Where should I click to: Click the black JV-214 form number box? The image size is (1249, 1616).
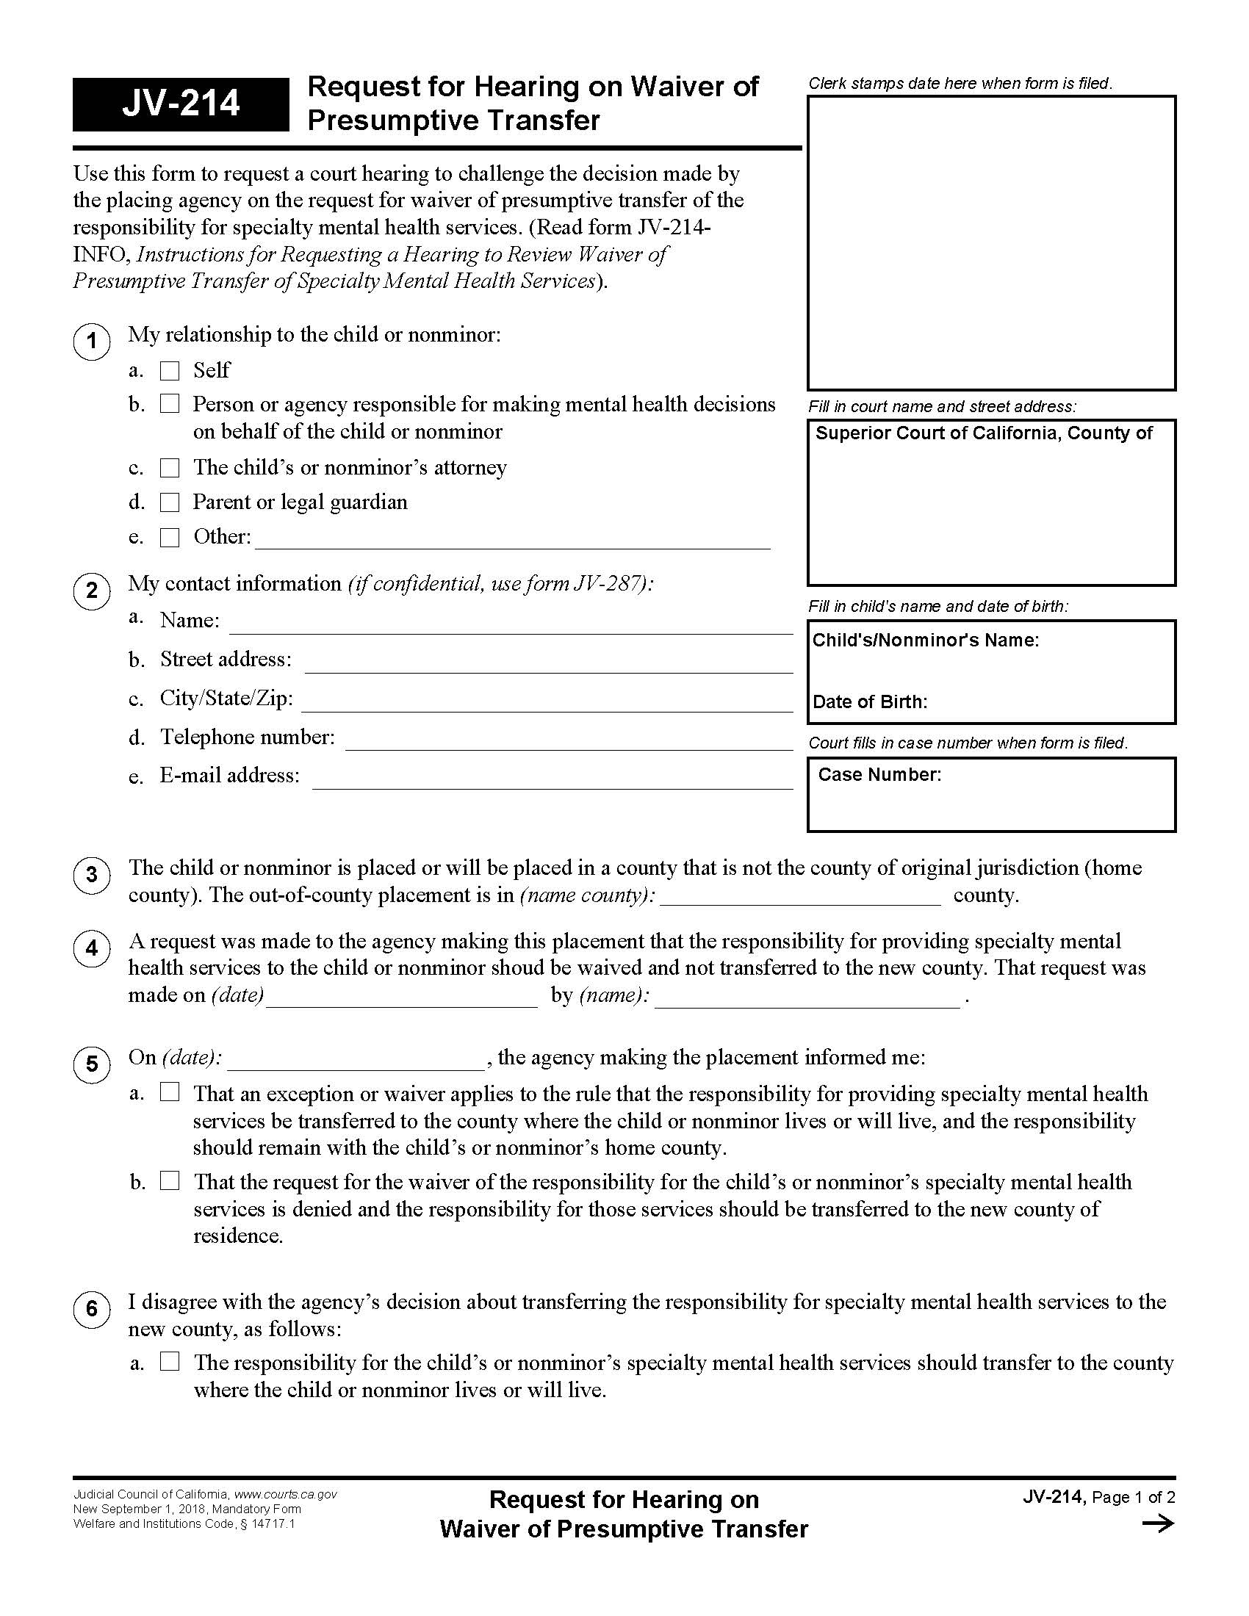(181, 104)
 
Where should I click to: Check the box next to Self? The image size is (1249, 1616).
(170, 371)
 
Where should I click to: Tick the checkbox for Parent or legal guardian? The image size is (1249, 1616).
(170, 503)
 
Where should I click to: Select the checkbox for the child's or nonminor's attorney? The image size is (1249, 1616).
(170, 469)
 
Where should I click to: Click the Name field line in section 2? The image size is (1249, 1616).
(511, 624)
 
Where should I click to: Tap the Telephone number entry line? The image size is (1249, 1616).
(568, 740)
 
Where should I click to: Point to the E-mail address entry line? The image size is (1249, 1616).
(552, 780)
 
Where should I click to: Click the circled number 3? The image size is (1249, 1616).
(92, 876)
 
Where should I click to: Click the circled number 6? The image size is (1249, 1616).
(92, 1310)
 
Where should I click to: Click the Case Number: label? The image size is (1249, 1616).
(879, 775)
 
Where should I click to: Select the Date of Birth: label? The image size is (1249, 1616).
(869, 701)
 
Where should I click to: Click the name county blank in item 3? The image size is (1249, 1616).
(801, 897)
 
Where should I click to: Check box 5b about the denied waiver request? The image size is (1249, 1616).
(170, 1181)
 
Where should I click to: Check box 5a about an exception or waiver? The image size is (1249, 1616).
(170, 1092)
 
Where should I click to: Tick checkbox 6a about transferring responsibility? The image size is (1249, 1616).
(170, 1361)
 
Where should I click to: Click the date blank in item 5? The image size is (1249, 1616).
(356, 1060)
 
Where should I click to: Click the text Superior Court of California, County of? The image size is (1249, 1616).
(983, 433)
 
